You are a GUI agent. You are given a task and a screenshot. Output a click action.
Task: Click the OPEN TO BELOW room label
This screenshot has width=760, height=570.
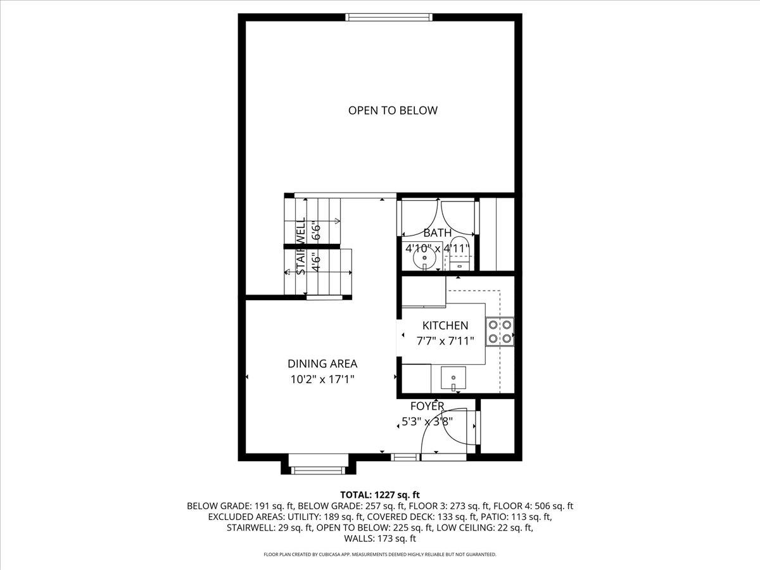[x=393, y=110]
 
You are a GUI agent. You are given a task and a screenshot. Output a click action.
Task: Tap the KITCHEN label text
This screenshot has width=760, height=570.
[x=445, y=326]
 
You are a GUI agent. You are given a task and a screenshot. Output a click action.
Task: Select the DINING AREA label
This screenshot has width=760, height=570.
[x=322, y=364]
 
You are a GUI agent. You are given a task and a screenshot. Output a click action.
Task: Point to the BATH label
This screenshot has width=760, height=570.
[x=438, y=233]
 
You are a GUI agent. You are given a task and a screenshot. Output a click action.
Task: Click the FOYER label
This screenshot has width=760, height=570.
[x=427, y=406]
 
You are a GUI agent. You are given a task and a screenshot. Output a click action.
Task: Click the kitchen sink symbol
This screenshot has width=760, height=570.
[x=453, y=379]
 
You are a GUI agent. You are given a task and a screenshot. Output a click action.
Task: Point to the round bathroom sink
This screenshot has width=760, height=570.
[x=423, y=258]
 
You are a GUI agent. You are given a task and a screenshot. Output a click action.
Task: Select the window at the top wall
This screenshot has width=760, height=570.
[x=389, y=17]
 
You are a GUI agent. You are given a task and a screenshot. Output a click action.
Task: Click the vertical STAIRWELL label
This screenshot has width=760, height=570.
[x=301, y=247]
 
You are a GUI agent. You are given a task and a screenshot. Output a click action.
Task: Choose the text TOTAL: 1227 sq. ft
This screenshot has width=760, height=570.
[x=380, y=495]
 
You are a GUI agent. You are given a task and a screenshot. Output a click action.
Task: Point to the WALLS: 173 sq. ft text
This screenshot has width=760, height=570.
[x=380, y=539]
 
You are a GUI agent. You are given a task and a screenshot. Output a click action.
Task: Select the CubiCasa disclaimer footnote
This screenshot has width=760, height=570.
[x=380, y=555]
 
